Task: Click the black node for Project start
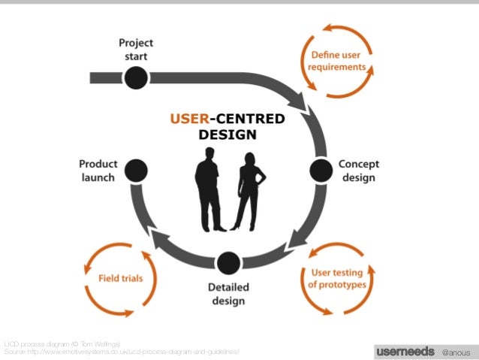point(135,77)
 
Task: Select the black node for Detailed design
point(227,263)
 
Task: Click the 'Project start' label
point(135,50)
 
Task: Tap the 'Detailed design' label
point(227,294)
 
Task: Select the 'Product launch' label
point(98,171)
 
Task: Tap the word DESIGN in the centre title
point(227,135)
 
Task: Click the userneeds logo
point(405,351)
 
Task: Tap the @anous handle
point(456,352)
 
